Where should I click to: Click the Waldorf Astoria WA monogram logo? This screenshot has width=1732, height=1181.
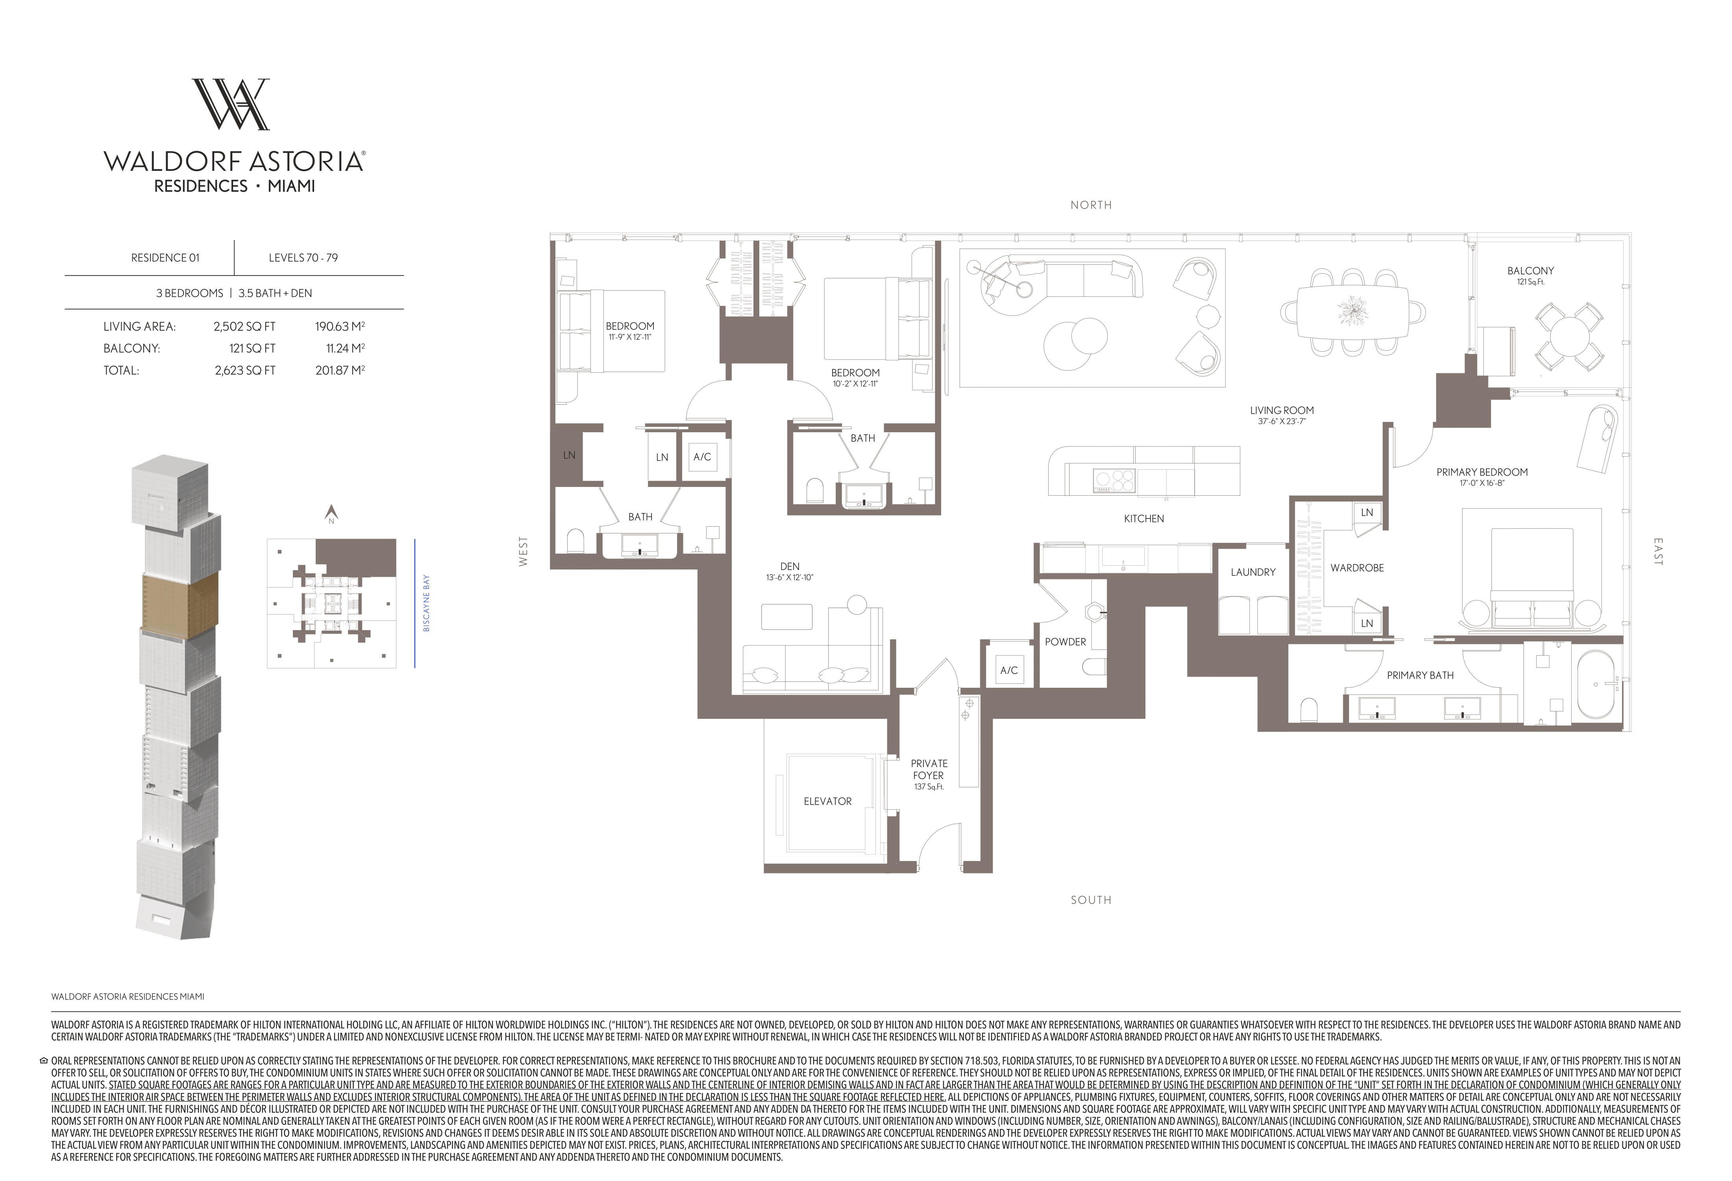(x=231, y=104)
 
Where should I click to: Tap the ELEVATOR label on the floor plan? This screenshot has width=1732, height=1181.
(x=827, y=801)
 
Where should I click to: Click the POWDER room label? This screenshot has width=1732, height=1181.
(x=1065, y=642)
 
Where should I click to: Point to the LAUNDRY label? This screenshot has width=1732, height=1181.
(x=1253, y=572)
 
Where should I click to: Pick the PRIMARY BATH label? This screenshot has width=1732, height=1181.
(x=1420, y=675)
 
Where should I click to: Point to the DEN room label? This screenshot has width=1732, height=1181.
(x=789, y=566)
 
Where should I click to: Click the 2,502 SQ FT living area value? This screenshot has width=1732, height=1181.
(x=244, y=326)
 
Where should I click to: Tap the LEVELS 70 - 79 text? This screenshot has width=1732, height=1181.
(x=303, y=258)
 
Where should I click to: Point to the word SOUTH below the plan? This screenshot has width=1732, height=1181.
(x=1091, y=900)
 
